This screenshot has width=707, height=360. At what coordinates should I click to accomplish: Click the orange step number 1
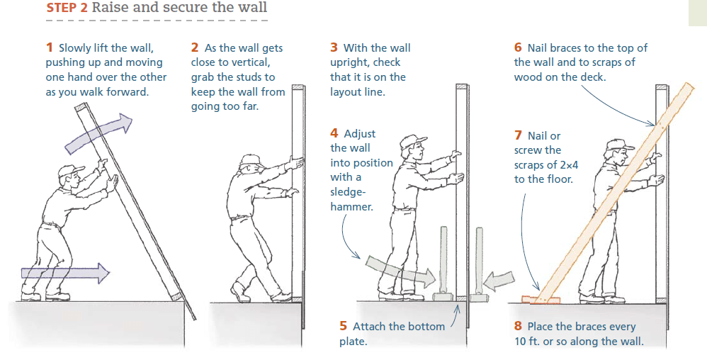(x=49, y=47)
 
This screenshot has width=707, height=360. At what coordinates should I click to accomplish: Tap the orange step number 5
(x=343, y=326)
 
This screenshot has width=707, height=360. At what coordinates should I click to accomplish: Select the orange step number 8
(x=518, y=326)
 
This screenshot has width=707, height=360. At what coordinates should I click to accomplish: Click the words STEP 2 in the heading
(x=67, y=8)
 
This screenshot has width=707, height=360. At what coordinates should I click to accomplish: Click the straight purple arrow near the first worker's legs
(x=65, y=273)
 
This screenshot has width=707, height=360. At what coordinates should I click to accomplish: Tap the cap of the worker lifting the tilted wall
(x=70, y=171)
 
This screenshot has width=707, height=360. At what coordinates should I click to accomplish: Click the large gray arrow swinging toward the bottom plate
(x=400, y=271)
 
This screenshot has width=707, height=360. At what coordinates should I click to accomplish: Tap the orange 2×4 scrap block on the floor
(x=541, y=299)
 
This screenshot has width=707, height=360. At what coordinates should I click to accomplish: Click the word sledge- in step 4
(x=348, y=192)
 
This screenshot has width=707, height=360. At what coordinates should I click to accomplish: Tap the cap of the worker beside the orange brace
(x=619, y=145)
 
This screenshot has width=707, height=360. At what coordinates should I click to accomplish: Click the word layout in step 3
(x=345, y=93)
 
